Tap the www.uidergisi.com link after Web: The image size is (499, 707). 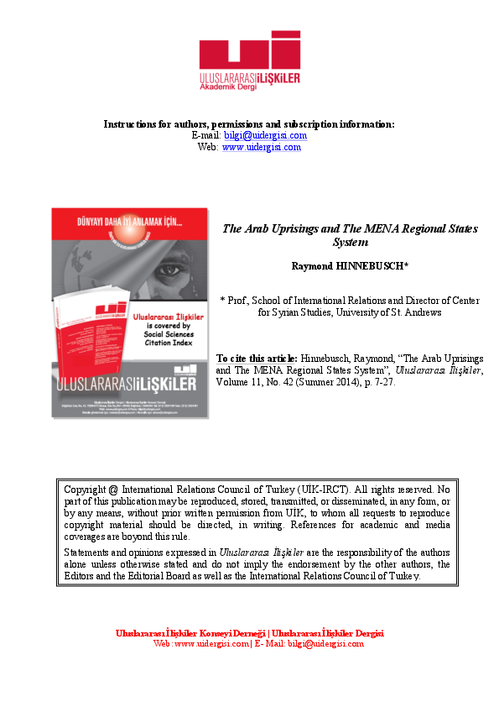(261, 147)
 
